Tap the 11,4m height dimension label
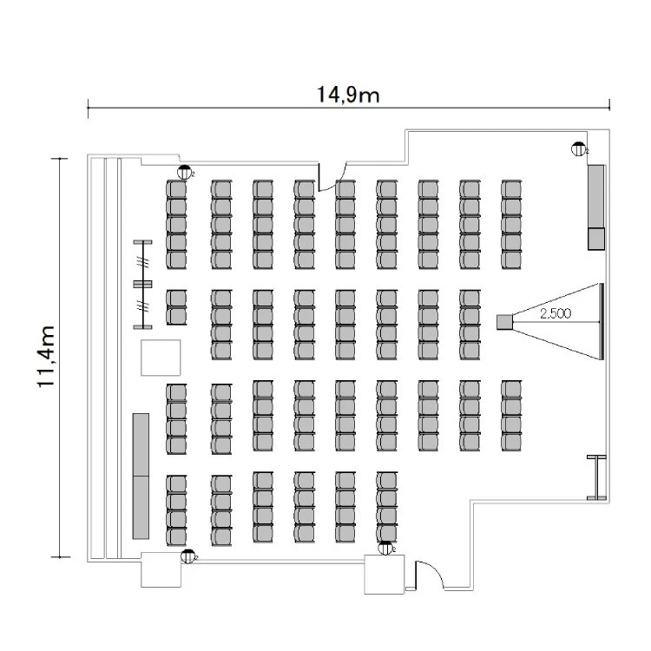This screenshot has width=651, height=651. coord(49,356)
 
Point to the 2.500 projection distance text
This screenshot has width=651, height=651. coord(555,313)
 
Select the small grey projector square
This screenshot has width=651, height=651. coord(503,321)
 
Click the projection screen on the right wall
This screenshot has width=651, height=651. coord(601,320)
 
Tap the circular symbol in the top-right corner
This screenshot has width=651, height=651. coord(578,148)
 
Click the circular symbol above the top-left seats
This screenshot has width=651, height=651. coord(184,171)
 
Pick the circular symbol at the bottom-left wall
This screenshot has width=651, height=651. coord(186,556)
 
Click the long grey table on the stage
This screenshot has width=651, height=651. coord(140,476)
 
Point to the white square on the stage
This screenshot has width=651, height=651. coord(161,357)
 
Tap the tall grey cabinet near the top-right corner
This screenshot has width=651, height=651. coord(595,196)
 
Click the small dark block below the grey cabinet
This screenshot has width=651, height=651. coord(596,239)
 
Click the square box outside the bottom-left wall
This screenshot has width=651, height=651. coord(161,569)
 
